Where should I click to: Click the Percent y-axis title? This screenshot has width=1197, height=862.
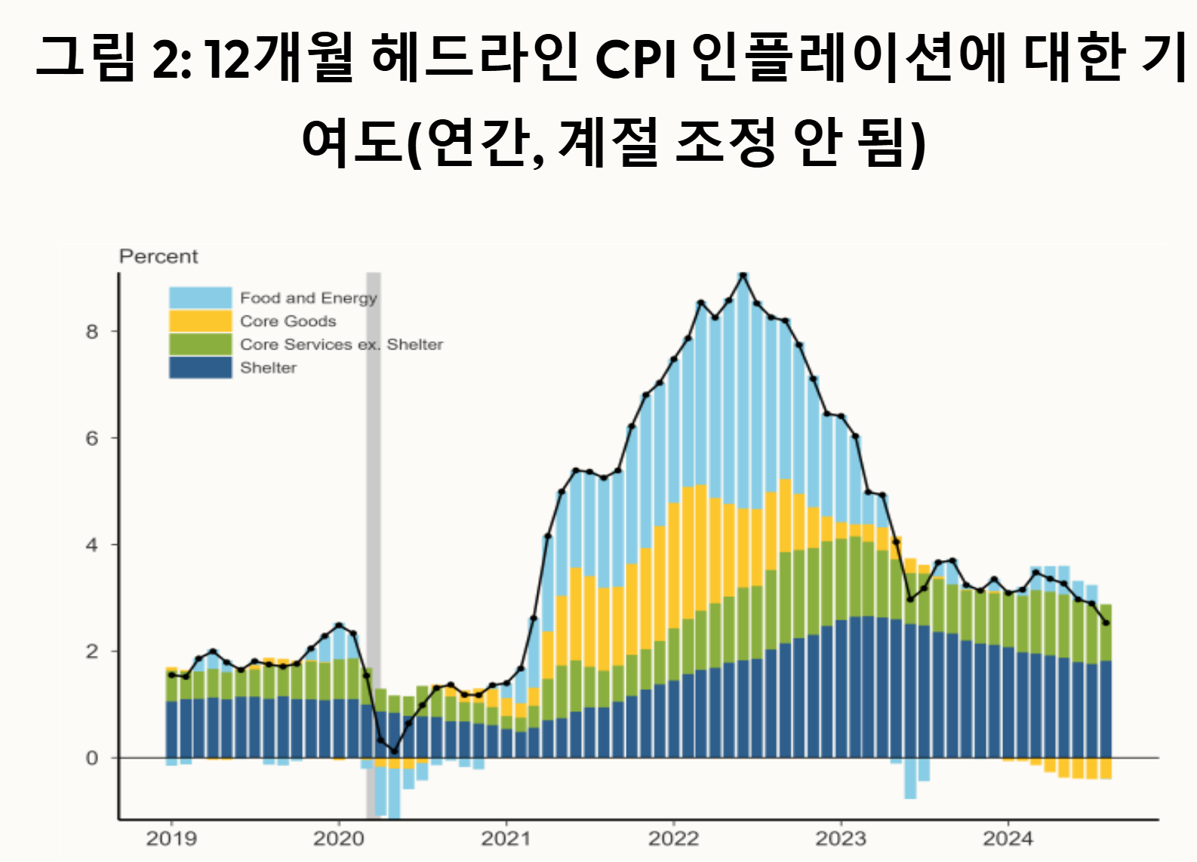click(158, 257)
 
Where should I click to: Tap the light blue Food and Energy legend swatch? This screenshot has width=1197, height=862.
click(200, 297)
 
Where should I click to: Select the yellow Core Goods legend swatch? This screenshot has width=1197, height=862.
click(200, 321)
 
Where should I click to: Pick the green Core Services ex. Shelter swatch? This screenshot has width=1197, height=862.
click(200, 344)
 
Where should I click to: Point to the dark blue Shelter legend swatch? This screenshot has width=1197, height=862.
click(200, 368)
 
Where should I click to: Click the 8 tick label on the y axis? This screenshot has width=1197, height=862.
click(92, 331)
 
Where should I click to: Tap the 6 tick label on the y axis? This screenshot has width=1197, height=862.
click(92, 439)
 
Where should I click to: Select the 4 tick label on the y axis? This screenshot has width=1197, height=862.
click(92, 545)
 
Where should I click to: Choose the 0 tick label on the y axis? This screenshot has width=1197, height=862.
click(92, 758)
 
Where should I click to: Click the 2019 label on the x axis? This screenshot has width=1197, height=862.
click(171, 838)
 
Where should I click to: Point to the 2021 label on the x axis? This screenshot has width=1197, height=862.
click(506, 838)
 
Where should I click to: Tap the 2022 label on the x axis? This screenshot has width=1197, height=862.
click(673, 838)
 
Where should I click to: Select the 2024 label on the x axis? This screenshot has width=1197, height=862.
click(1008, 838)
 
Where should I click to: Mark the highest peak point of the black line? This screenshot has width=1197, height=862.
click(743, 276)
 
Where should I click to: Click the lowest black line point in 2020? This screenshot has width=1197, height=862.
click(394, 751)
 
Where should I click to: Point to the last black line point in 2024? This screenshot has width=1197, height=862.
click(1106, 623)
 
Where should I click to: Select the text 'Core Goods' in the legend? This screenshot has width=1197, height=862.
click(288, 321)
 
